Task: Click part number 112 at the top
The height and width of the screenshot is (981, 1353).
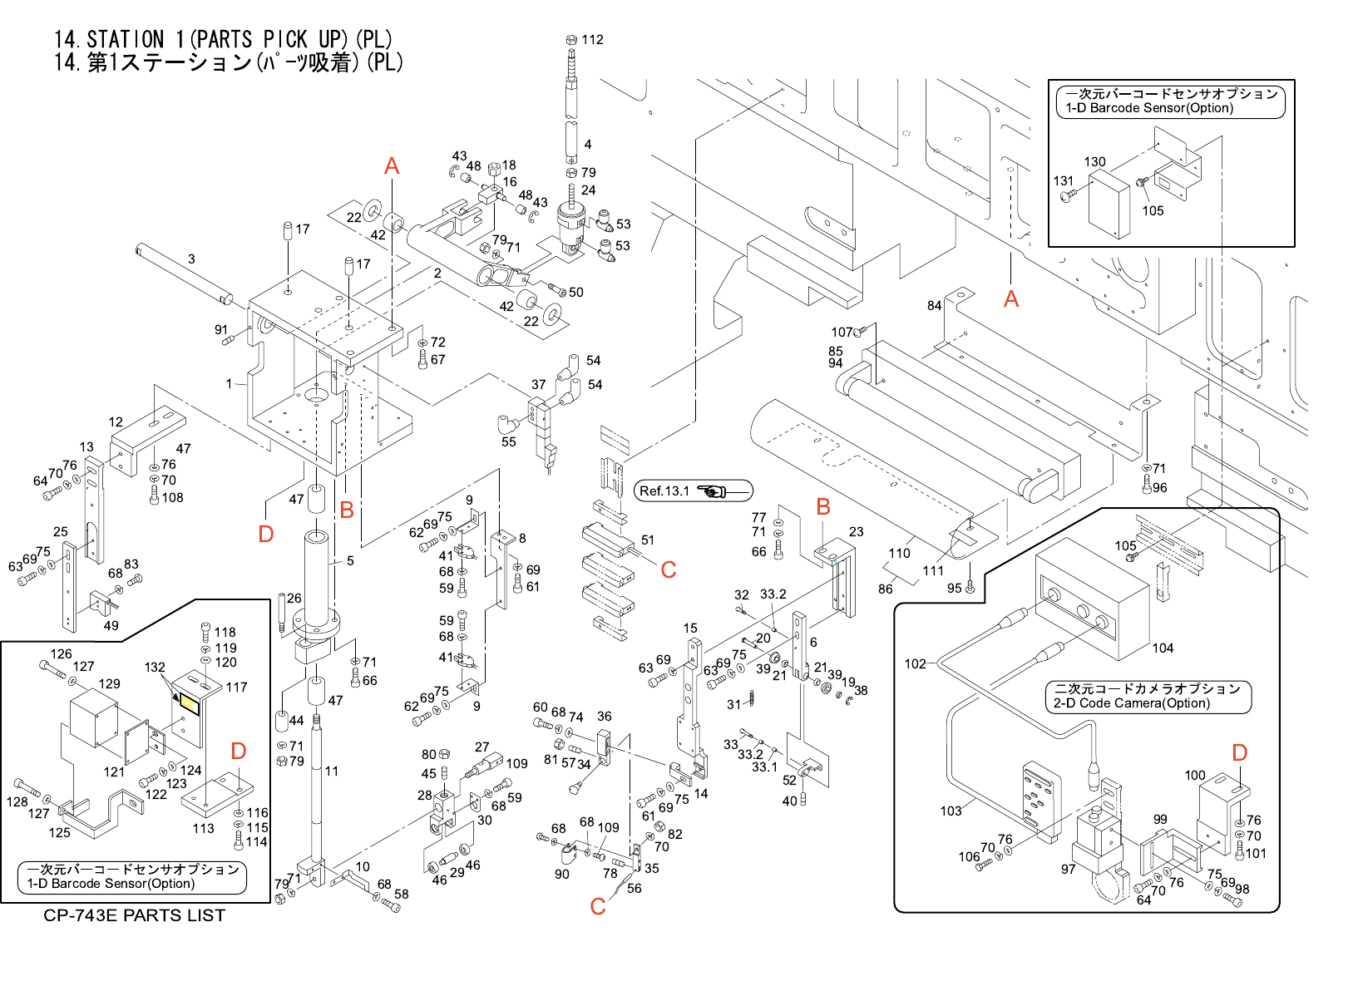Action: pos(592,39)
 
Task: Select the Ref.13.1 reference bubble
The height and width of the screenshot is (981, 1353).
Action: pos(694,491)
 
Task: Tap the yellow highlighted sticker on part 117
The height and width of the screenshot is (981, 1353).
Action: pos(188,705)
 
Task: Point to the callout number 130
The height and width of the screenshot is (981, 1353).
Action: pos(1094,162)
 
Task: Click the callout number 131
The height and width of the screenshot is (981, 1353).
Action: pos(1064,180)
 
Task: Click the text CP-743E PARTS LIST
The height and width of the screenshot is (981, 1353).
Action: pos(134,915)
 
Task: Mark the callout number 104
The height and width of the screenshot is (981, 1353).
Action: pos(1163,648)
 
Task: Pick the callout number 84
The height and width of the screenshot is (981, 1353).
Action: pos(935,305)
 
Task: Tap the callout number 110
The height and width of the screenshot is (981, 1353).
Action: pos(899,553)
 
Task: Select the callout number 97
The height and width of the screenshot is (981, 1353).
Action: pos(1068,870)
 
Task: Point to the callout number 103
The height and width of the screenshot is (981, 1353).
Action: pos(951,811)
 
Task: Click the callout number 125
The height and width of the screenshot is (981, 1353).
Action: pos(60,832)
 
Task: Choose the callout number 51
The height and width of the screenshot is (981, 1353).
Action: pos(648,540)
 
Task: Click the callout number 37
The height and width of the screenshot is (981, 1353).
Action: pos(539,385)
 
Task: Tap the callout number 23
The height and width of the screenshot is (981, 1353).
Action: pos(856,531)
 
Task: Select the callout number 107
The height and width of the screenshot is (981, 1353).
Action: pos(842,332)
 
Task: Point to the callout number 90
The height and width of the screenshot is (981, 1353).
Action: pos(562,874)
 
